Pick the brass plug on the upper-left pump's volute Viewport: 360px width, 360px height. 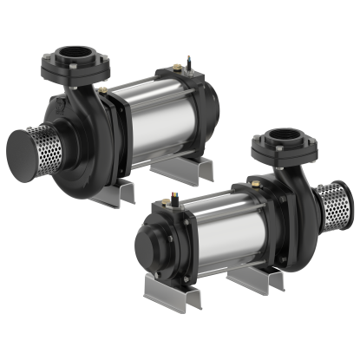[103, 88]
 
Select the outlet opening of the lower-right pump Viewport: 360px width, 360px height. [287, 136]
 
